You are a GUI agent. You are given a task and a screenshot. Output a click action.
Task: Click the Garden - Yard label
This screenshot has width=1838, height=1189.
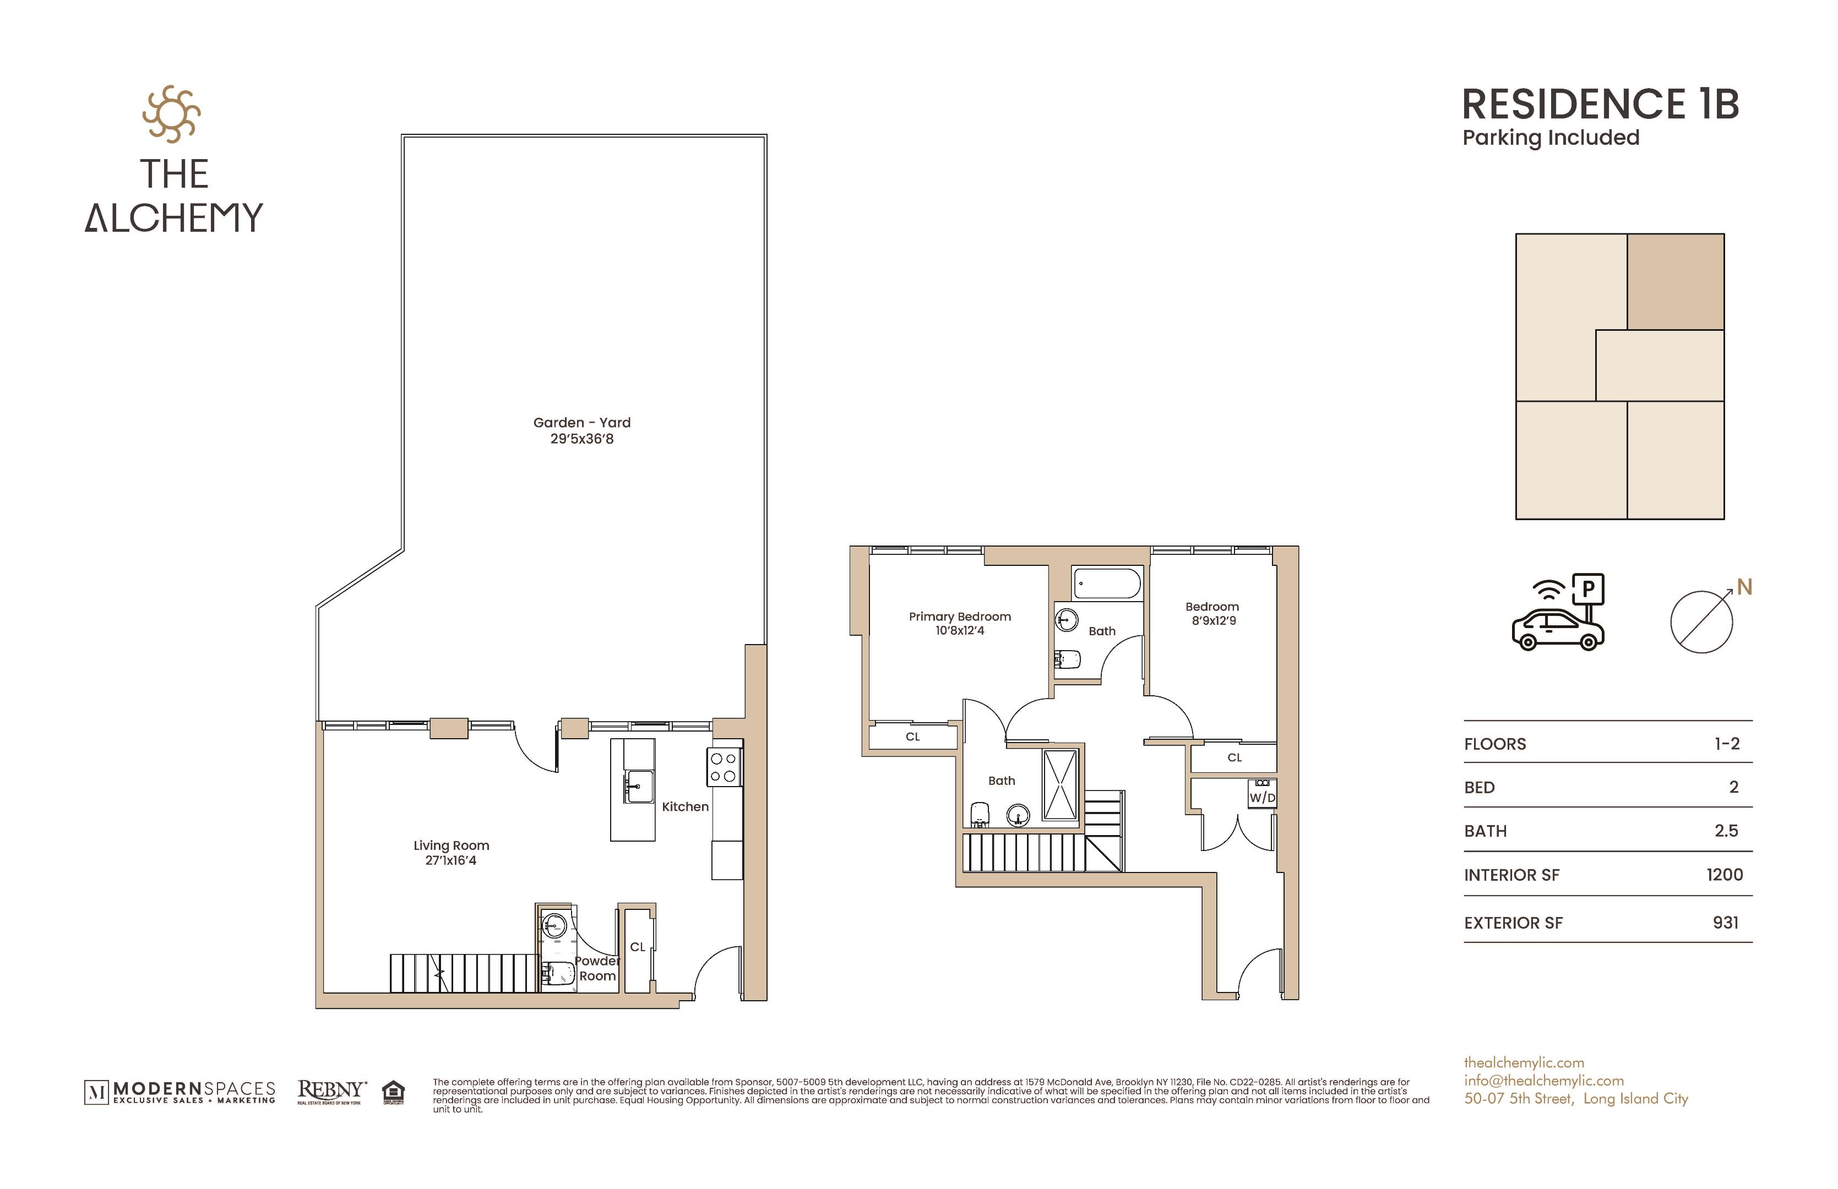click(581, 422)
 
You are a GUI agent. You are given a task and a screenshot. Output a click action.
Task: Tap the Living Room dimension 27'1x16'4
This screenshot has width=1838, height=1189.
click(450, 860)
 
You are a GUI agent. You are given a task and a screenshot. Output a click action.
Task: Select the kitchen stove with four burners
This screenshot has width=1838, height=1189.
click(724, 767)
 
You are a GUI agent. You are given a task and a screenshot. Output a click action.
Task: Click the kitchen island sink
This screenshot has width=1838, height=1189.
click(639, 786)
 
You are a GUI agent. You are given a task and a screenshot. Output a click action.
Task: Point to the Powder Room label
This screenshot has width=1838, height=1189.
click(597, 968)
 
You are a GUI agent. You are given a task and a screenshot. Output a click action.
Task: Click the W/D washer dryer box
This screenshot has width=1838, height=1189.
click(1262, 797)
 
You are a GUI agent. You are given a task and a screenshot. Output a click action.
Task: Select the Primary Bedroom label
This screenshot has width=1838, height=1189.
click(959, 616)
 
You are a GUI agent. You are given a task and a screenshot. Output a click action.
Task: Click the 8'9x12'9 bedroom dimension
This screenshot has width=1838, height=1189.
click(1213, 621)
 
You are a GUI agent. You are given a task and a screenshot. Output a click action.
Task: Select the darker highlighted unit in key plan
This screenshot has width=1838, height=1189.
click(1675, 282)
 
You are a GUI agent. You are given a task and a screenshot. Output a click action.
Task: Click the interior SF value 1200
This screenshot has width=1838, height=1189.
click(1725, 875)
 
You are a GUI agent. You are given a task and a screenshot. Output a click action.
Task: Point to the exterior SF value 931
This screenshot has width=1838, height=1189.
click(1725, 923)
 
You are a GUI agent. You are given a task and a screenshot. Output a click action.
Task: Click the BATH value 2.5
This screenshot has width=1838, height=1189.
click(1726, 831)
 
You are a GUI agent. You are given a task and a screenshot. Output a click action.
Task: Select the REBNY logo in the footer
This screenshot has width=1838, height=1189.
click(330, 1091)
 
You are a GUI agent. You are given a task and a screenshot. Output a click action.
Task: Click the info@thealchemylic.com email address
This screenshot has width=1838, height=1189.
click(1543, 1081)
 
